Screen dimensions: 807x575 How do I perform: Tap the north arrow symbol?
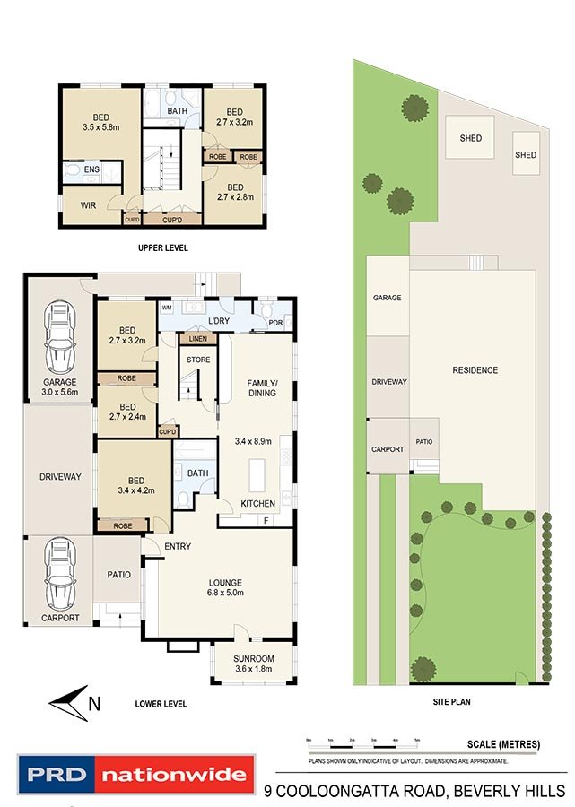(x=73, y=701)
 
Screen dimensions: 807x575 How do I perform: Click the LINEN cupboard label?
(x=196, y=338)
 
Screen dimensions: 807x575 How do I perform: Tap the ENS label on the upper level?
(x=91, y=169)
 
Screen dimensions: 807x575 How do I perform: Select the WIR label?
(x=88, y=206)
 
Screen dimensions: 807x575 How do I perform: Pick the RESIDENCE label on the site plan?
(x=475, y=370)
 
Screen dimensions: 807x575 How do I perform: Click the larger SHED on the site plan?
(x=470, y=138)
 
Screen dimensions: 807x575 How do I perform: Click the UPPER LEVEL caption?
(x=162, y=247)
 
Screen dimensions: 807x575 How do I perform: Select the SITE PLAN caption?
(x=452, y=703)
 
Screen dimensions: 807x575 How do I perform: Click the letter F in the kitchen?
(x=266, y=520)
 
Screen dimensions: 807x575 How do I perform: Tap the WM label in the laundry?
(x=166, y=308)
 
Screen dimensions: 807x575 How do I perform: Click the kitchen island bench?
(x=257, y=471)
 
